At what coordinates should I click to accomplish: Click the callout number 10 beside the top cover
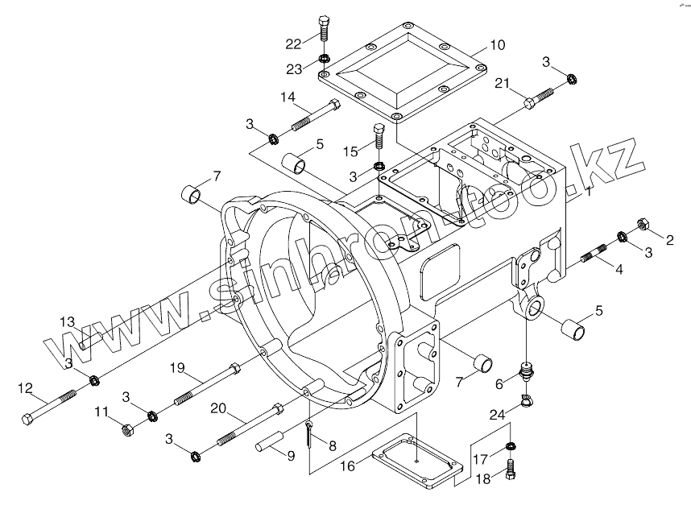(x=497, y=45)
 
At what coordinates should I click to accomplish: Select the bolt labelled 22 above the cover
(x=323, y=29)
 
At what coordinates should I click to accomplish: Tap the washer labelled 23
(x=325, y=58)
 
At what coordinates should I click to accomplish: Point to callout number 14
(x=288, y=97)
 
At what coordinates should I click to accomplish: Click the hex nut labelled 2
(x=643, y=224)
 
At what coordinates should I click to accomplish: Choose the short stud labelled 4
(x=595, y=254)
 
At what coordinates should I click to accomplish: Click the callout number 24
(x=498, y=415)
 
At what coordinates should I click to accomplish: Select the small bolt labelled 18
(x=511, y=470)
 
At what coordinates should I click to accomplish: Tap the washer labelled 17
(x=511, y=446)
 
